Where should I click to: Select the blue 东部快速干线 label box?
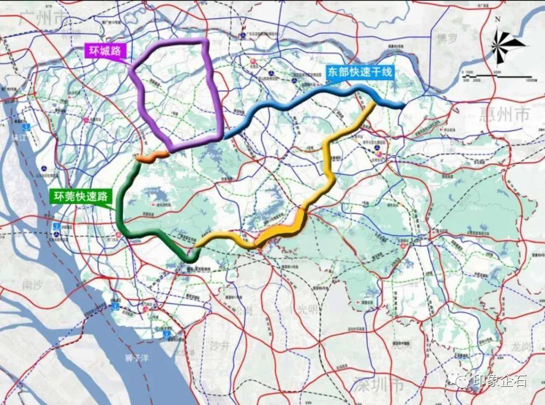tap(358, 72)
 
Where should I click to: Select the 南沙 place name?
tap(35, 285)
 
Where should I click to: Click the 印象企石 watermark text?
tap(500, 380)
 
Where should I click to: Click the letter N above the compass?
tap(497, 19)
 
